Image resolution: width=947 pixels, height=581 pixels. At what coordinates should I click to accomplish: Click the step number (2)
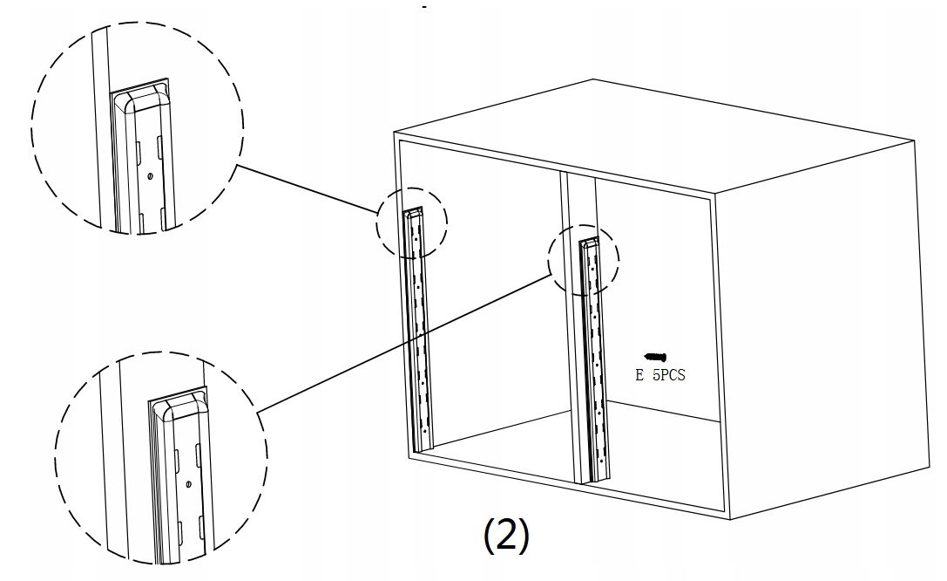click(505, 537)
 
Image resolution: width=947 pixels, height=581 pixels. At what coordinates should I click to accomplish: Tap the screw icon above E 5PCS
click(655, 357)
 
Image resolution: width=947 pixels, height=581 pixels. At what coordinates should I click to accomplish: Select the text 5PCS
click(668, 376)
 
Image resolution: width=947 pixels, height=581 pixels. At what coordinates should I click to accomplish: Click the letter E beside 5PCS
click(640, 376)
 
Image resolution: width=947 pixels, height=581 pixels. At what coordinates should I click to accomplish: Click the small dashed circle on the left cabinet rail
click(411, 222)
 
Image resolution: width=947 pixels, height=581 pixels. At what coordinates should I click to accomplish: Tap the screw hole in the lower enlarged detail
click(189, 482)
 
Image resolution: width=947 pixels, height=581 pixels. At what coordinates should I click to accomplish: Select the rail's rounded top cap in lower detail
click(179, 405)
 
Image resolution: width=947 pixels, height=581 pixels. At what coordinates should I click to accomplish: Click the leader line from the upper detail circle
click(305, 188)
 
